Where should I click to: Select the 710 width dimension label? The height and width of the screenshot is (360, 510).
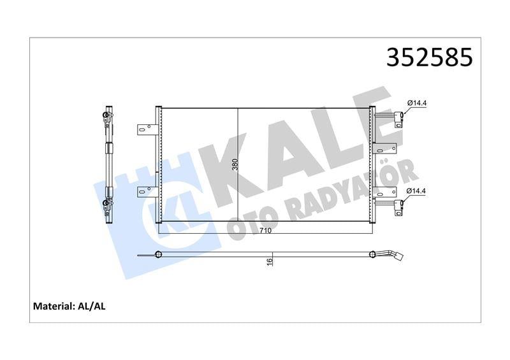266,231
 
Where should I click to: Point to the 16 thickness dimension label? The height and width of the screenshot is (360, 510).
270,261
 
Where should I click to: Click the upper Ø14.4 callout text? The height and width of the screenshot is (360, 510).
417,103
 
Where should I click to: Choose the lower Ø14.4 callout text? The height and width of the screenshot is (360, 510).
417,191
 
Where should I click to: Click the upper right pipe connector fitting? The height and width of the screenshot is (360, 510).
398,118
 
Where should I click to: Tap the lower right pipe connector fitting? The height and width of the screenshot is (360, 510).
398,205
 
